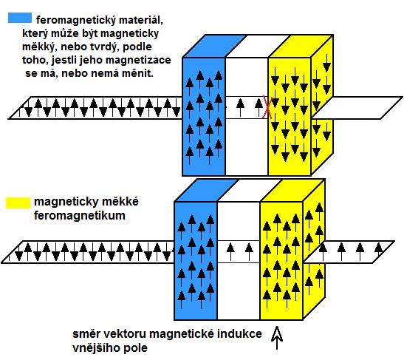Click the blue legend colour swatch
(20, 18)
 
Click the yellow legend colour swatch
(18, 203)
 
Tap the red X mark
(267, 106)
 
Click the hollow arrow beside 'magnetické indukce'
(277, 338)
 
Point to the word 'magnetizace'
(138, 60)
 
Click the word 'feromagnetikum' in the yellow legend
(80, 215)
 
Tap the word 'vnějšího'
(95, 348)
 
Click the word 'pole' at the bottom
(134, 348)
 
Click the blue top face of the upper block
(214, 46)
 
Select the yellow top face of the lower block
(292, 190)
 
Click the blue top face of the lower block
(206, 190)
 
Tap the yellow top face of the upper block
(301, 46)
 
